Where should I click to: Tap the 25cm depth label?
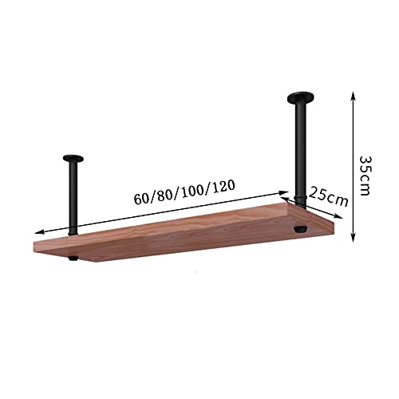click(x=328, y=195)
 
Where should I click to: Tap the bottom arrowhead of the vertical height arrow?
click(x=351, y=238)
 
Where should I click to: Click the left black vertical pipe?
click(x=73, y=196)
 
